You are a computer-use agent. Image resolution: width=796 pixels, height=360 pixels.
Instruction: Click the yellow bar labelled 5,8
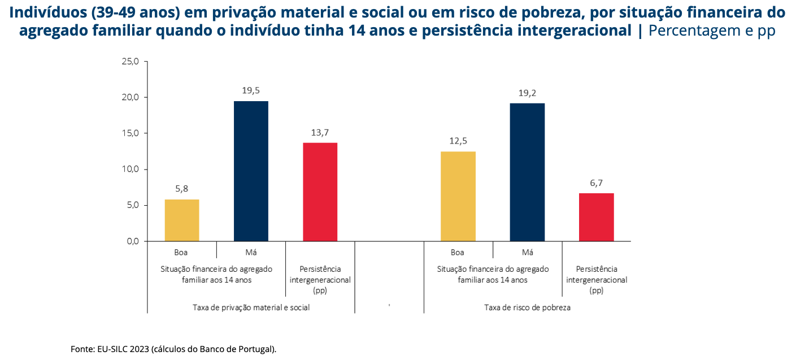182,220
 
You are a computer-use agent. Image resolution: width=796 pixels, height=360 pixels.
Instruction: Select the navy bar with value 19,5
251,171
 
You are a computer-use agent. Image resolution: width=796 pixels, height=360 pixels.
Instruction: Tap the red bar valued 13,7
320,192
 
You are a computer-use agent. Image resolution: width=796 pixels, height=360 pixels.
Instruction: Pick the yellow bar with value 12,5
458,196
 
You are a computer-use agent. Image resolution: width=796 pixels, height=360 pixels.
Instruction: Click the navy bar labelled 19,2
527,172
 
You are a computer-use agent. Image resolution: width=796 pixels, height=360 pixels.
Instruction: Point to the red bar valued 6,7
596,217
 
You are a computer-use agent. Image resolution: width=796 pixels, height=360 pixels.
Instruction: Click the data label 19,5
251,90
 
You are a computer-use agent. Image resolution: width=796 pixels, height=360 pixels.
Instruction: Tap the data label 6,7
596,183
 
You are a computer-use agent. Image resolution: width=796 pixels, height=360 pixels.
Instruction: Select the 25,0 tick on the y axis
130,61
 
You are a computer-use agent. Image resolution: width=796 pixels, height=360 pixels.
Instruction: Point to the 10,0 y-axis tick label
130,169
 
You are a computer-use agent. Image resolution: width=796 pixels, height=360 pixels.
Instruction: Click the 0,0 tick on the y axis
131,241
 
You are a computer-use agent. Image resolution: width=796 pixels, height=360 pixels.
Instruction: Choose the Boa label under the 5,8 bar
181,253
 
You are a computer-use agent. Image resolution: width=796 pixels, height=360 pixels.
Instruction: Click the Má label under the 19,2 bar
527,253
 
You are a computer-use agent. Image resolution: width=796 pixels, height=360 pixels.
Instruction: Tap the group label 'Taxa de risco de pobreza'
527,308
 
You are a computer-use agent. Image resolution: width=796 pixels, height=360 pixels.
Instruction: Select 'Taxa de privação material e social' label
251,308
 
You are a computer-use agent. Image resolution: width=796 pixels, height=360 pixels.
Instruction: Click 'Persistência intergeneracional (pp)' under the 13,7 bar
320,280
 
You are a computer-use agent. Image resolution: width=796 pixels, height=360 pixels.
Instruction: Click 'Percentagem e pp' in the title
712,31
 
